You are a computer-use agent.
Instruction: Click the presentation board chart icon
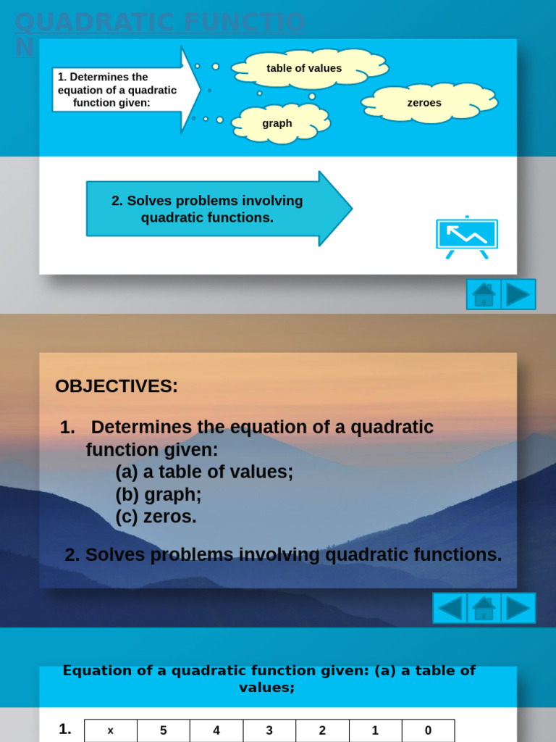tap(467, 236)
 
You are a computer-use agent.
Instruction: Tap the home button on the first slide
tap(484, 294)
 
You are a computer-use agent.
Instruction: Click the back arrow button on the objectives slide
tap(450, 608)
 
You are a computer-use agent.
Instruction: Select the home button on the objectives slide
tap(484, 608)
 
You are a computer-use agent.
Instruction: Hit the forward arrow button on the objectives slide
tap(518, 608)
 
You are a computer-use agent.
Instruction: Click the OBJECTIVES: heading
tap(117, 386)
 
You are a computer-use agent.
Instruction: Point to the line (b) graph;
tap(159, 495)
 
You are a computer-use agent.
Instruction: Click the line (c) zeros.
tap(156, 517)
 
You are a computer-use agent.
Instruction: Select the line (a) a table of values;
tap(204, 472)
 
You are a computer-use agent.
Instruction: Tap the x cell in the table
tap(111, 730)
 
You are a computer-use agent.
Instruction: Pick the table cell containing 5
tap(164, 730)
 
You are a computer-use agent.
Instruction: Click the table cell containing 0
tap(428, 730)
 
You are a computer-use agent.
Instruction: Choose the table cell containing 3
tap(269, 730)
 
